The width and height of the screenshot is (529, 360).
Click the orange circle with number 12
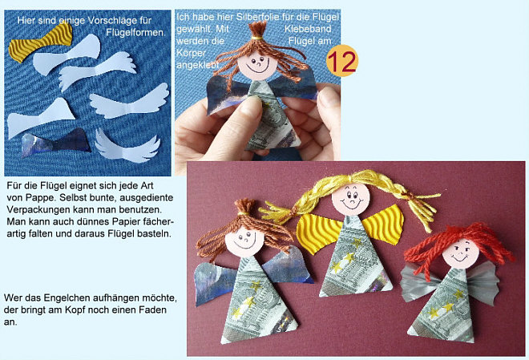342,61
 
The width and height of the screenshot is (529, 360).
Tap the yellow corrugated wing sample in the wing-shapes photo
41,42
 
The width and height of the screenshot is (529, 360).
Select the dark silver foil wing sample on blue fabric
56,143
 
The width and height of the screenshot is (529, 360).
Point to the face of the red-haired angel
461,253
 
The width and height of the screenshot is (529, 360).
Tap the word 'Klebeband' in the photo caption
307,29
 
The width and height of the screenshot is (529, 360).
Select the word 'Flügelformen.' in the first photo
136,33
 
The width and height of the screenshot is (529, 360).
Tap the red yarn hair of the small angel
460,241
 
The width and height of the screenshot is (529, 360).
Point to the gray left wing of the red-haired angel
417,282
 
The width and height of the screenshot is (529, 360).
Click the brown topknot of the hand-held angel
258,28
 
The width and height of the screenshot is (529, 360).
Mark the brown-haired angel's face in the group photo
244,241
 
